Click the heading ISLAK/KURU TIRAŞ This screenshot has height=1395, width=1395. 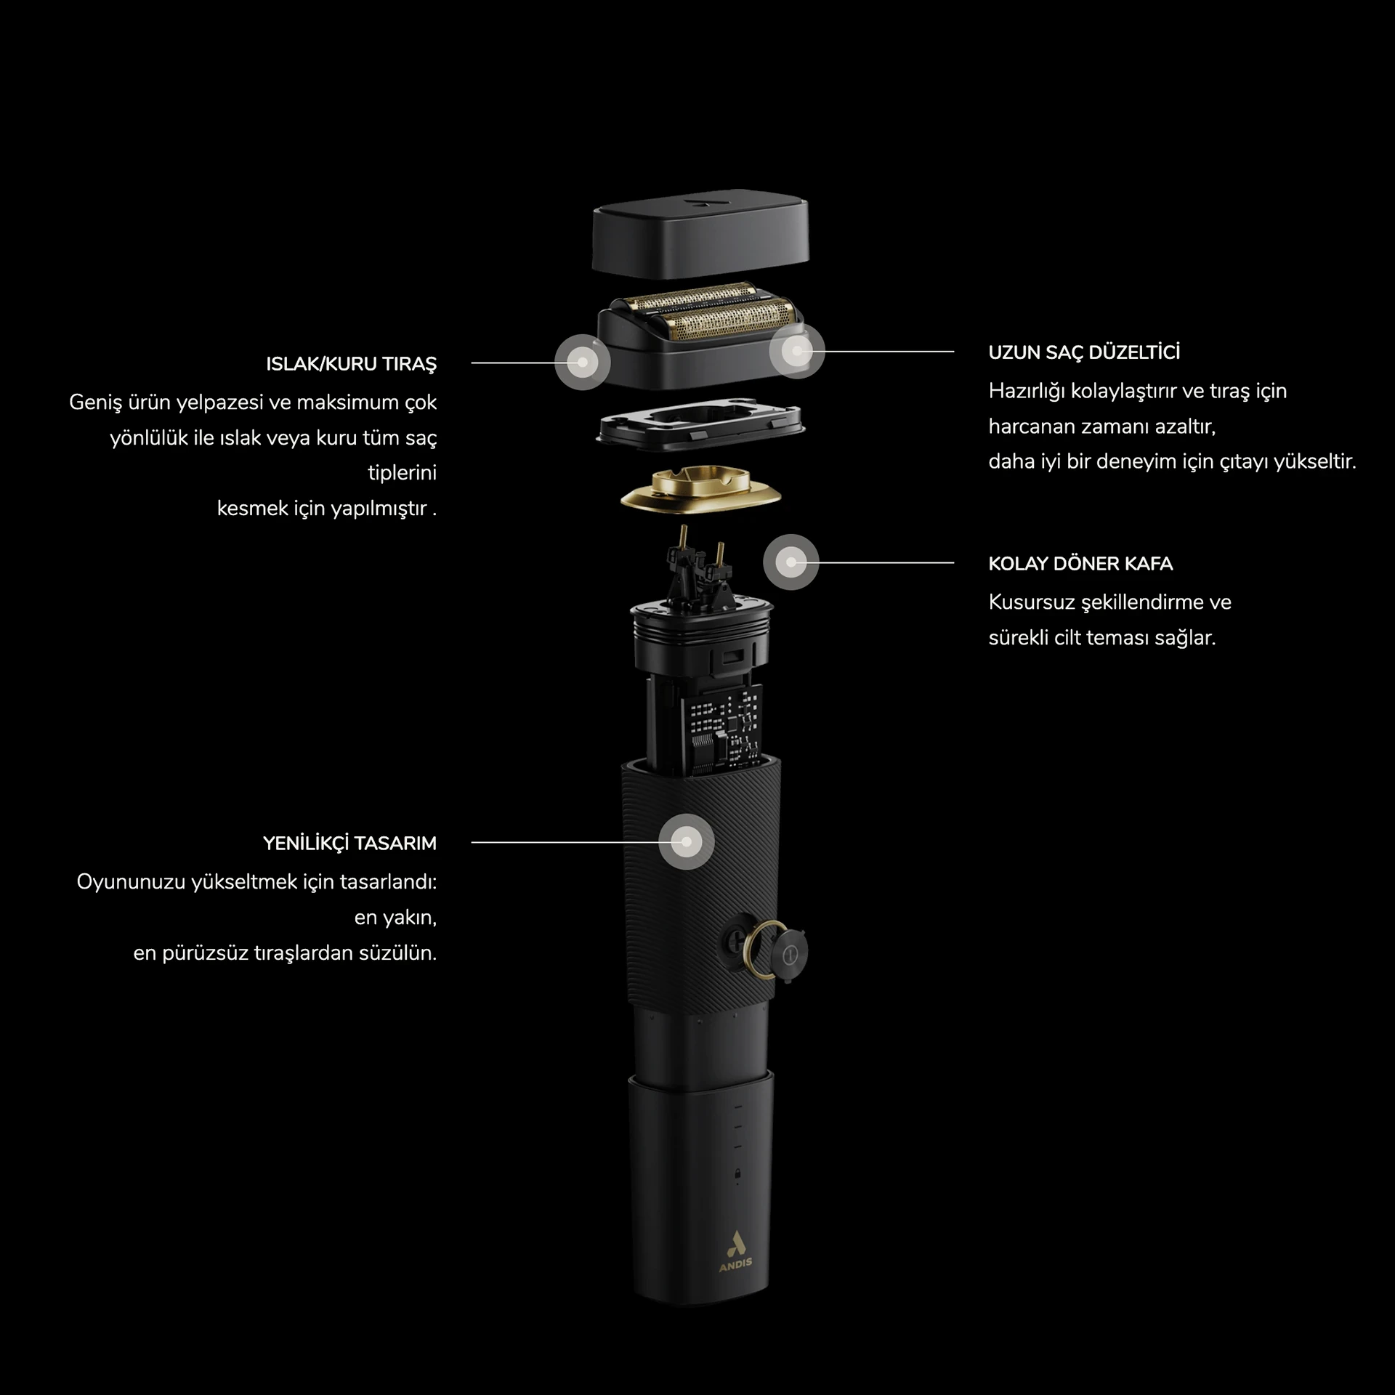351,364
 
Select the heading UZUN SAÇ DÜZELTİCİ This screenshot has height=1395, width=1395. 1084,352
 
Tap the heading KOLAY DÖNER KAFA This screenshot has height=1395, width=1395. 1080,564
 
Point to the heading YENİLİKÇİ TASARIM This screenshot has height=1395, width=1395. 349,844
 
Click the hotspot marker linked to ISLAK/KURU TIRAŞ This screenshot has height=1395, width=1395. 582,362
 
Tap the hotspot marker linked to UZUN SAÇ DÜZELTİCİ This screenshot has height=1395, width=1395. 797,351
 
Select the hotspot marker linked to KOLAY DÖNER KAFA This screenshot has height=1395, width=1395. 791,562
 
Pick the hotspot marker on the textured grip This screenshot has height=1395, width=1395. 687,842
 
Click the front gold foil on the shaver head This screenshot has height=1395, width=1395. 726,323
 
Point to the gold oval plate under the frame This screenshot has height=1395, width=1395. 701,490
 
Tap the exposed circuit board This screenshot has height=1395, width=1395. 724,729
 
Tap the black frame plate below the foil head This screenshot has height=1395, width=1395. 701,424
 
